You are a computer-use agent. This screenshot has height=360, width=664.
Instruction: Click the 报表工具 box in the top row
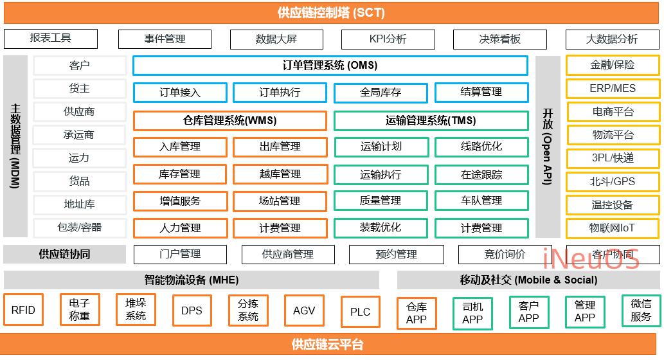click(x=51, y=39)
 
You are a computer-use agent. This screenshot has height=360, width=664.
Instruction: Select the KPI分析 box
click(x=388, y=39)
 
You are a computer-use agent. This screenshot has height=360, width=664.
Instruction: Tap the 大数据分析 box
click(x=611, y=39)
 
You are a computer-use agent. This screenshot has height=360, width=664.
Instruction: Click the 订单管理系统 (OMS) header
click(x=330, y=66)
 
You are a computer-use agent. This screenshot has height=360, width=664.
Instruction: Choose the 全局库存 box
click(x=381, y=93)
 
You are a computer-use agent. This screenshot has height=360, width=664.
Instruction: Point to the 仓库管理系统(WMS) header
click(x=229, y=120)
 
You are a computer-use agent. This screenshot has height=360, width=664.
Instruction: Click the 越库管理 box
click(x=280, y=174)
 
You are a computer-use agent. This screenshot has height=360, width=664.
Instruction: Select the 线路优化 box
click(x=481, y=147)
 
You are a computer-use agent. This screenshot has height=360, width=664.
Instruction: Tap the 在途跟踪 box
click(x=481, y=174)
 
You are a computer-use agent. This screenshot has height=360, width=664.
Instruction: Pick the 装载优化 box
click(x=381, y=228)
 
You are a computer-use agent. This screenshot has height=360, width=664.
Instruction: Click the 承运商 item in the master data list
click(x=79, y=135)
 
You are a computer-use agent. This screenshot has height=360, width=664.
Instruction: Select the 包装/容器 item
click(x=79, y=228)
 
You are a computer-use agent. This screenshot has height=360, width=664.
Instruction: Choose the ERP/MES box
click(x=612, y=89)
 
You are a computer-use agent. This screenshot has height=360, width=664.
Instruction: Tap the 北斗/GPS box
click(x=612, y=182)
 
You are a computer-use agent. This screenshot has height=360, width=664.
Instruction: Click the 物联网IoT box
click(x=612, y=228)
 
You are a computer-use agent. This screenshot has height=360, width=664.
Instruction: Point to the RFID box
click(x=23, y=310)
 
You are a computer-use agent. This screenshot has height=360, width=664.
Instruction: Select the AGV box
click(x=304, y=310)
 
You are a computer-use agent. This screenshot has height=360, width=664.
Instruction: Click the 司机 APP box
click(x=472, y=313)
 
